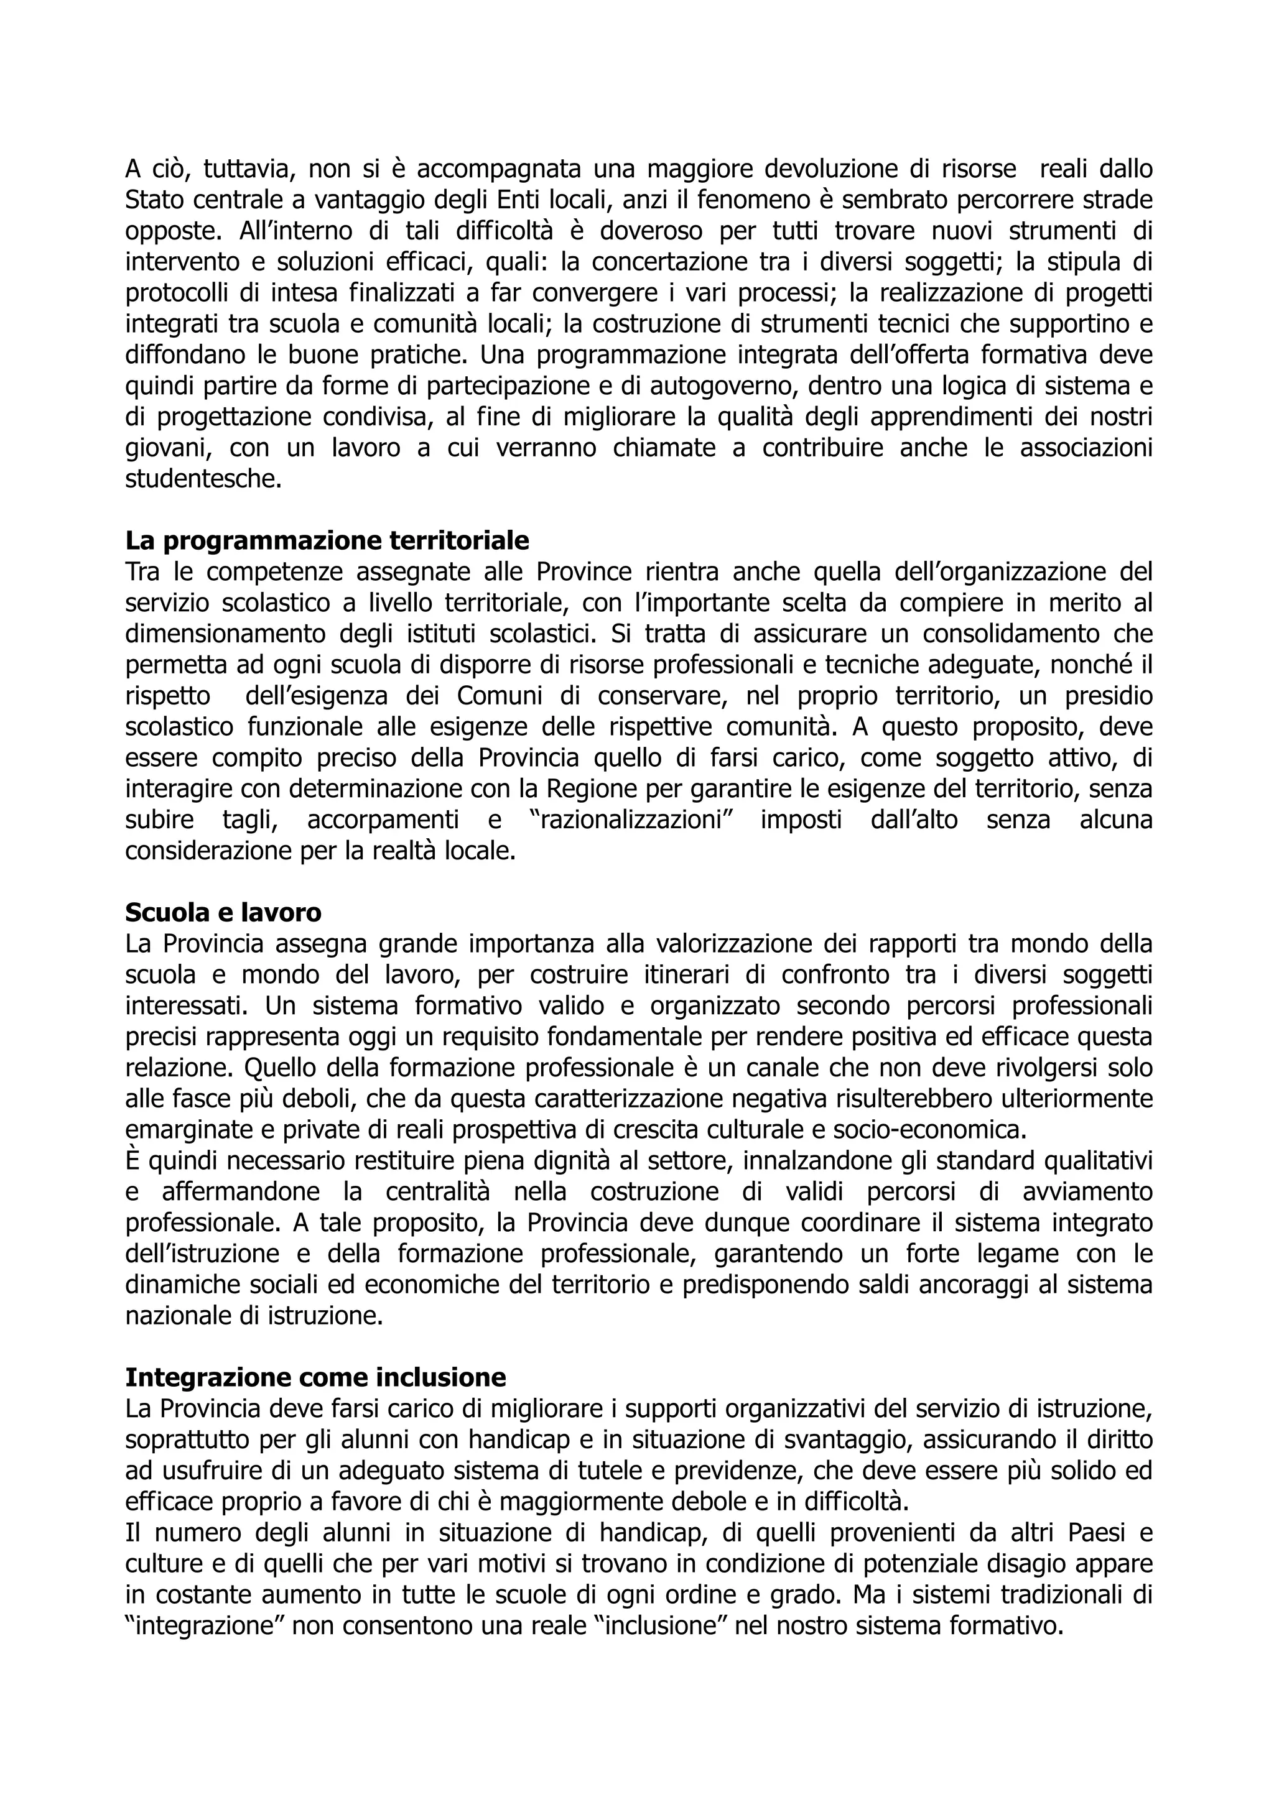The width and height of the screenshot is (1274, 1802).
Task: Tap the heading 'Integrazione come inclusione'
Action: tap(315, 1377)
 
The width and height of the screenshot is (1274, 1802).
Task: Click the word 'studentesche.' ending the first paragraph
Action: tap(203, 479)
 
